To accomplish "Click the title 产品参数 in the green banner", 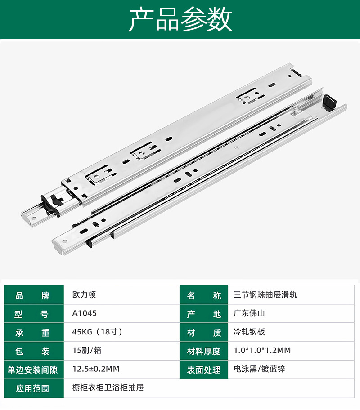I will pyautogui.click(x=180, y=19).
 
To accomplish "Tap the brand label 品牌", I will pyautogui.click(x=32, y=295).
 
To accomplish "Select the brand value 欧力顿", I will pyautogui.click(x=84, y=295).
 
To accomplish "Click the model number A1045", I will pyautogui.click(x=85, y=313).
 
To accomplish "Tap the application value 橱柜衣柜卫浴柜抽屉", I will pyautogui.click(x=108, y=387).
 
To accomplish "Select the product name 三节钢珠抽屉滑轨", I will pyautogui.click(x=265, y=295).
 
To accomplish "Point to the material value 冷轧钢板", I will pyautogui.click(x=249, y=332).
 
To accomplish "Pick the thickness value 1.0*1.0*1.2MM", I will pyautogui.click(x=262, y=350).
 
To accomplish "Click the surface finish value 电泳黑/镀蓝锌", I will pyautogui.click(x=260, y=369).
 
